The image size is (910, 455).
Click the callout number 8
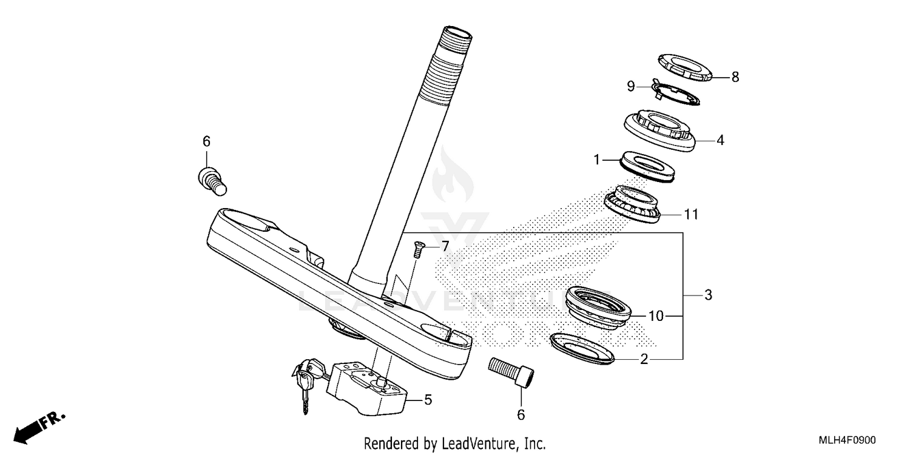[735, 77]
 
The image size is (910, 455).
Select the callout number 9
[631, 87]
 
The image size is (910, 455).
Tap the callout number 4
[720, 140]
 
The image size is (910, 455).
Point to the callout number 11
[692, 214]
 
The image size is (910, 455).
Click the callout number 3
[707, 295]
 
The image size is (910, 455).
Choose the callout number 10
[656, 316]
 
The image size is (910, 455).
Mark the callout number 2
[644, 360]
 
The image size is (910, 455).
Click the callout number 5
[428, 400]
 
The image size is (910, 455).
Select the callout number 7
[445, 246]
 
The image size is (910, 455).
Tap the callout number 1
[596, 160]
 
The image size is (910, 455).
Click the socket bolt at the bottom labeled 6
[511, 371]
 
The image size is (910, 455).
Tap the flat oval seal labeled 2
[582, 349]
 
